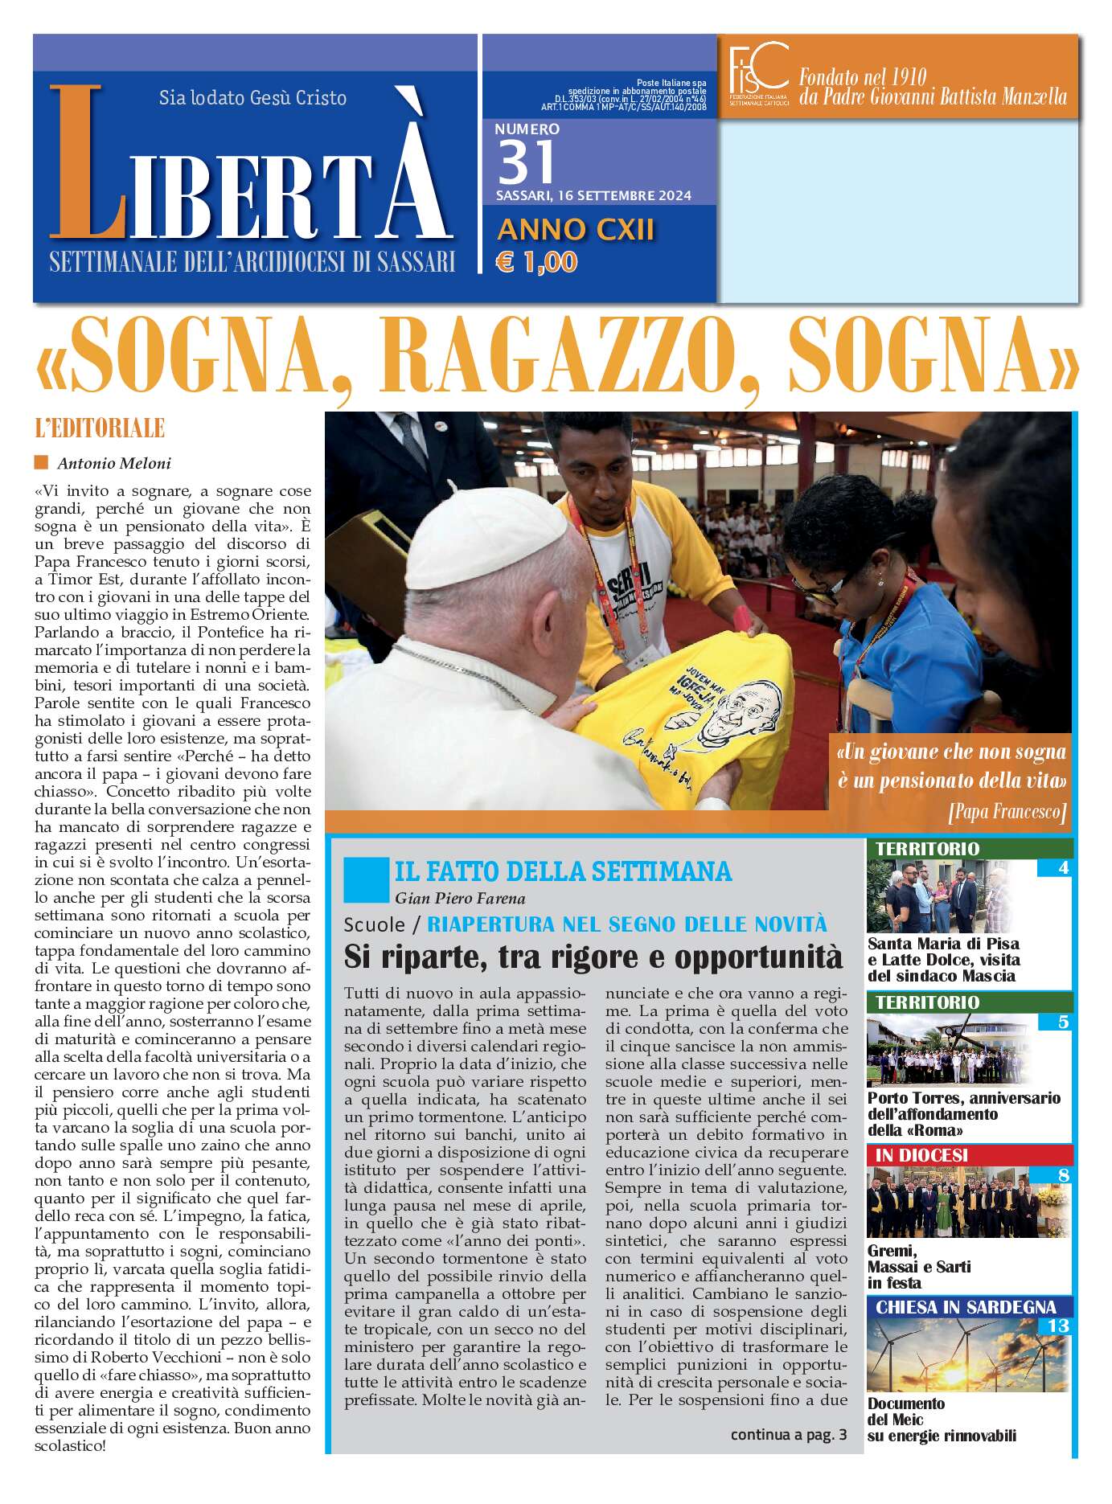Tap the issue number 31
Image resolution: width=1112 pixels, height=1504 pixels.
[x=527, y=162]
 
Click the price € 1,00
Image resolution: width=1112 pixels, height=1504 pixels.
[x=537, y=262]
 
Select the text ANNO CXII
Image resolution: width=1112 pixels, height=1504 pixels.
[x=576, y=230]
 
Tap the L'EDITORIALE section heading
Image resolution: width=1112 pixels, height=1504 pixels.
[x=100, y=428]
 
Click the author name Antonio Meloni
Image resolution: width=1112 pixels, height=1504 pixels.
[x=114, y=463]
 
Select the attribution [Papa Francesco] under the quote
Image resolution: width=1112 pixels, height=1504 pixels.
[x=1007, y=811]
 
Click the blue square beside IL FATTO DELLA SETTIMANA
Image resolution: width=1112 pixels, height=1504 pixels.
[x=365, y=879]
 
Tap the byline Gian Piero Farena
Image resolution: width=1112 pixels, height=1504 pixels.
[x=460, y=898]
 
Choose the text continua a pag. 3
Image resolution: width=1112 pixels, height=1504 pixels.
[x=788, y=1434]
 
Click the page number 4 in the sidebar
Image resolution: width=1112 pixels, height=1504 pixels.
[x=1063, y=868]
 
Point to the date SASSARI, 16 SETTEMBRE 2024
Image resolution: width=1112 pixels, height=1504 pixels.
[x=593, y=195]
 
